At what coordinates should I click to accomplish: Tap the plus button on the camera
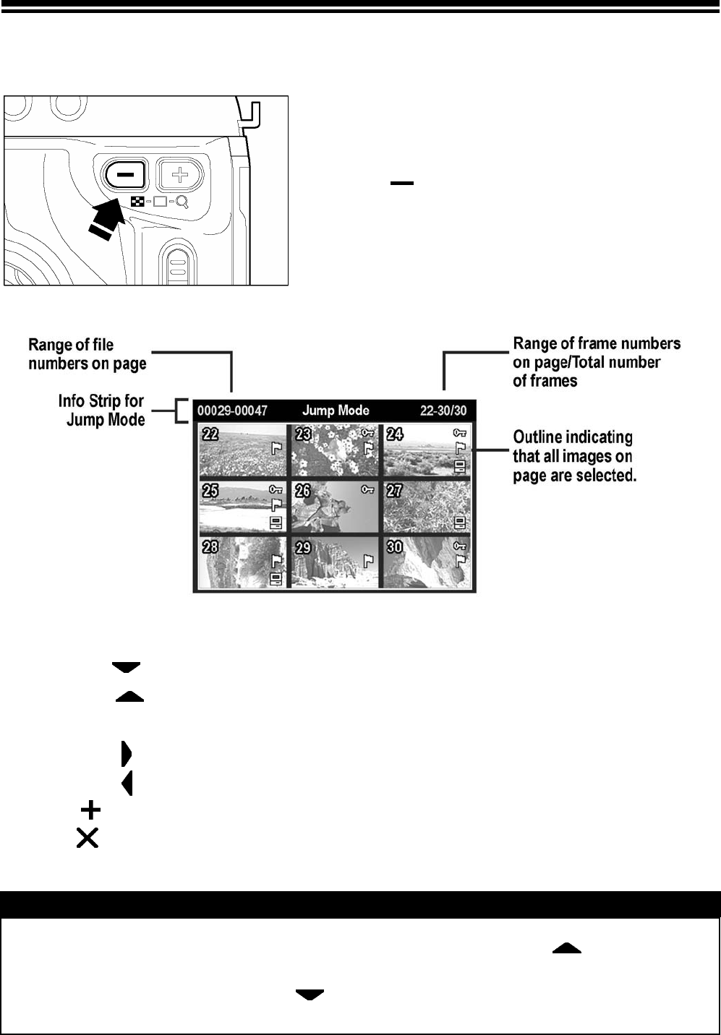coord(179,174)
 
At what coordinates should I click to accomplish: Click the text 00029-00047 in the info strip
coord(232,411)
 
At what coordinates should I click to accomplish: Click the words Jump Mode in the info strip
coord(336,411)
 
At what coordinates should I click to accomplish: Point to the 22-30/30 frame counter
coord(443,411)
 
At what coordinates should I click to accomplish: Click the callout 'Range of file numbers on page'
coord(88,354)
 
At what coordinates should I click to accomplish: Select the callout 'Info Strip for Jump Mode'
coord(101,410)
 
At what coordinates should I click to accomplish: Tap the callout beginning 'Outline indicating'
coord(574,456)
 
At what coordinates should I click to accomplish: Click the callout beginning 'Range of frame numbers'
coord(597,361)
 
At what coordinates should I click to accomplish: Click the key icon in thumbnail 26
coord(368,489)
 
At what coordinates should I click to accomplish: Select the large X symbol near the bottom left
coord(88,838)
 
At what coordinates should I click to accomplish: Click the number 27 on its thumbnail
coord(394,491)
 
